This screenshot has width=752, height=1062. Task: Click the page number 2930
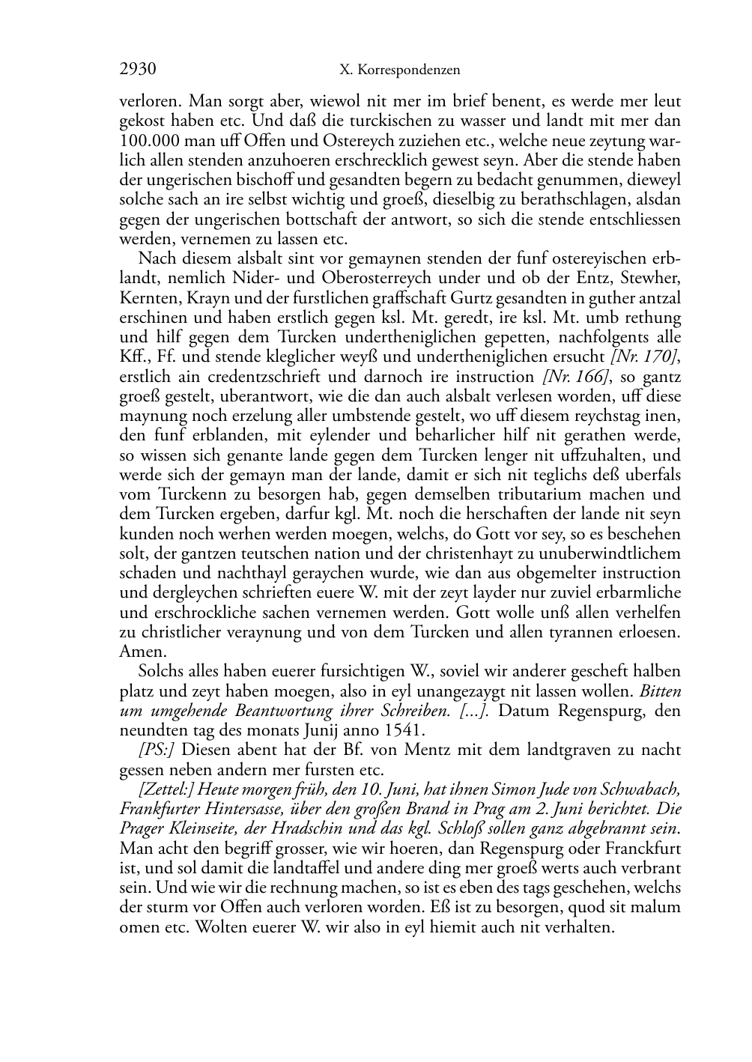pyautogui.click(x=137, y=70)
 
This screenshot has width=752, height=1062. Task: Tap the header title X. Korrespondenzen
pyautogui.click(x=399, y=70)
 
